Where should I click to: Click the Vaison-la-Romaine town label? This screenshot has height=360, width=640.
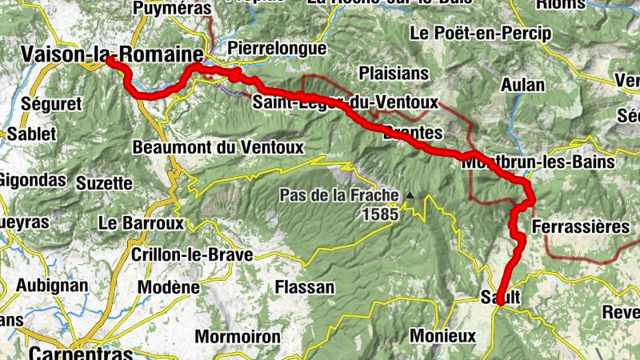[x=111, y=54]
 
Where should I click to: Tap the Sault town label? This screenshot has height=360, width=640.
[x=501, y=297]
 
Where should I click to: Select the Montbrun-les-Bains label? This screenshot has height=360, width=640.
[x=538, y=162]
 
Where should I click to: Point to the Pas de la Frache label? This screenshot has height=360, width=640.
[x=338, y=195]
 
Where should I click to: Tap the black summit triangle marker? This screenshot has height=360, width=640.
[x=410, y=194]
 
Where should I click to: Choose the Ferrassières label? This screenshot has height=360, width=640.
[x=579, y=226]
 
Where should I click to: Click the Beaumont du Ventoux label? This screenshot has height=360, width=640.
[x=196, y=147]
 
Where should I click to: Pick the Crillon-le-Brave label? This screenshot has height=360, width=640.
[x=191, y=255]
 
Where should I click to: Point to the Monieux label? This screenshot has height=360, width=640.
[x=437, y=334]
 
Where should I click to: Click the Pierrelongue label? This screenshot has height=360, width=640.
[x=277, y=47]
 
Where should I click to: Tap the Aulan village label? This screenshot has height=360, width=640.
[x=523, y=85]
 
